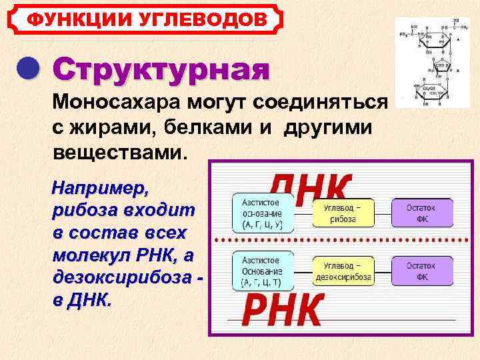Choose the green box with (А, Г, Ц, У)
[x=264, y=213]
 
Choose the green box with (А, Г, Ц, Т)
[x=264, y=271]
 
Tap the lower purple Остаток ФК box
[x=421, y=271]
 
